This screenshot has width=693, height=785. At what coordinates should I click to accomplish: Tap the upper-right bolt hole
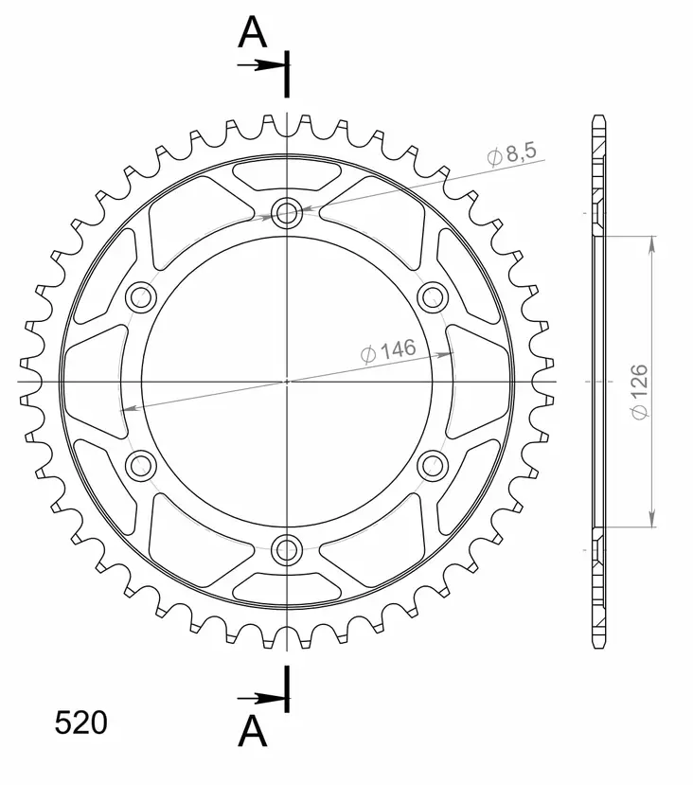pyautogui.click(x=433, y=295)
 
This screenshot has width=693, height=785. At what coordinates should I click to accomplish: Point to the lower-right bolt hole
pyautogui.click(x=433, y=464)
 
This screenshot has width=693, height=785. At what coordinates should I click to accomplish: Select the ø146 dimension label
pyautogui.click(x=388, y=351)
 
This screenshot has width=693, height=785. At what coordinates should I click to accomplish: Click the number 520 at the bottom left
pyautogui.click(x=80, y=723)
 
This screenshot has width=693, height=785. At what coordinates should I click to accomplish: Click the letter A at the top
pyautogui.click(x=252, y=33)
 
